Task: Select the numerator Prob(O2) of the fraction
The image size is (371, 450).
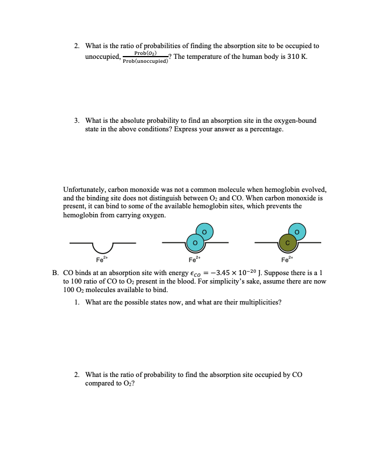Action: click(x=145, y=53)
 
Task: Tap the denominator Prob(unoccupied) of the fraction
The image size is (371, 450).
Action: click(x=145, y=61)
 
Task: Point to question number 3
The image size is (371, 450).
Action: click(x=77, y=121)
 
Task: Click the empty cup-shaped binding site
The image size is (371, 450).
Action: click(x=102, y=247)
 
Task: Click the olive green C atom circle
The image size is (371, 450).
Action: click(x=287, y=243)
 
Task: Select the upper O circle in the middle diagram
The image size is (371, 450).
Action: click(x=204, y=232)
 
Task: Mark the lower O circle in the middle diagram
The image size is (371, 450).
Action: click(x=195, y=243)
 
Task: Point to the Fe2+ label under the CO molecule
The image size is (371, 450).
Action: click(x=288, y=260)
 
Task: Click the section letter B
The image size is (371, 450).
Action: click(x=55, y=272)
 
